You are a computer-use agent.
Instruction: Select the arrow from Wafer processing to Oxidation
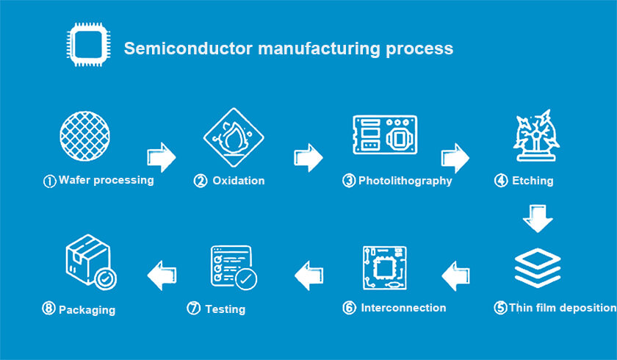pyautogui.click(x=162, y=157)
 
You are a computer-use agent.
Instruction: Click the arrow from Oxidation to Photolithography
pyautogui.click(x=308, y=157)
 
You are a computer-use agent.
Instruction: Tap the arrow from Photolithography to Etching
pyautogui.click(x=455, y=157)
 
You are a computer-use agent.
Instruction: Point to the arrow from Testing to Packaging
pyautogui.click(x=162, y=276)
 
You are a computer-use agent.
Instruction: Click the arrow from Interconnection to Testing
pyautogui.click(x=309, y=276)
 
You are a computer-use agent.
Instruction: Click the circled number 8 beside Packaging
pyautogui.click(x=48, y=309)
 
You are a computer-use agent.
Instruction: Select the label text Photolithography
pyautogui.click(x=405, y=181)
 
